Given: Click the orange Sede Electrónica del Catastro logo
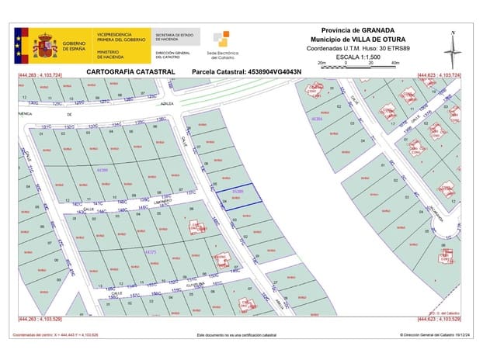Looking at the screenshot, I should point(221,40).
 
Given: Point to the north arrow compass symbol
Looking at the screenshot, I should point(453,49).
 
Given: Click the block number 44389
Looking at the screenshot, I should point(104,168).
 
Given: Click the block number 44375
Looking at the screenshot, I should point(151,251).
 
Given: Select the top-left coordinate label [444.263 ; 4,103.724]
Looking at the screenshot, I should point(40,75).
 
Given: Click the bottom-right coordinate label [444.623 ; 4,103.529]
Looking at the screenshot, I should point(439,319).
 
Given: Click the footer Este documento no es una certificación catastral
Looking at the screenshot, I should point(236,335).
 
